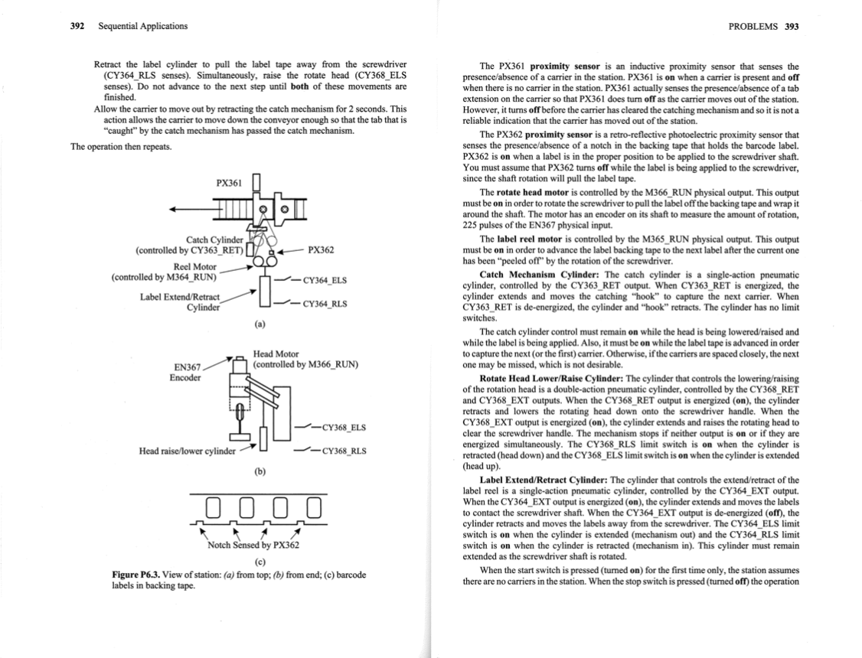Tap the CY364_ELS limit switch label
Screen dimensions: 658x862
(x=325, y=281)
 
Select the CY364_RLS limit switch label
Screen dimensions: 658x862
(x=325, y=304)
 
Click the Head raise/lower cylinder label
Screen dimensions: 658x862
(x=187, y=451)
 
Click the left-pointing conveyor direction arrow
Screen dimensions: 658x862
(x=184, y=211)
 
